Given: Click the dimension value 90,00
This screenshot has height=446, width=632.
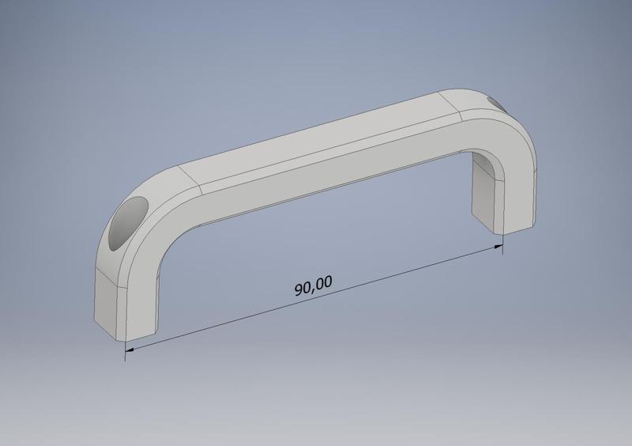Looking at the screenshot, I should click(x=314, y=285).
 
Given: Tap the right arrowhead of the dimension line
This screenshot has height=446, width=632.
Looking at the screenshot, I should click(x=498, y=248).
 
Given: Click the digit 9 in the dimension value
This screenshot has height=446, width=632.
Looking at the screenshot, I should click(x=299, y=290).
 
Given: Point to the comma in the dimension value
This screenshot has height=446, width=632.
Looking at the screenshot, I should click(x=315, y=289).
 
